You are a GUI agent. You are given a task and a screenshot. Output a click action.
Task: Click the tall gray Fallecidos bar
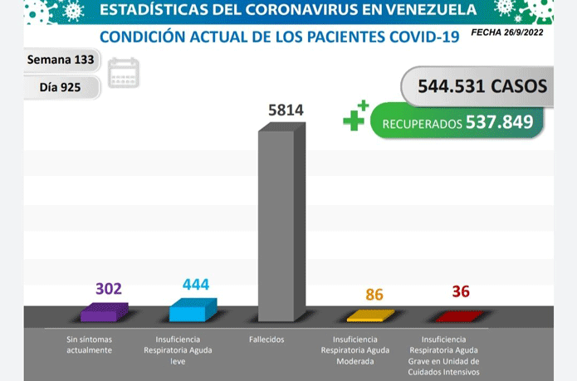[281, 222]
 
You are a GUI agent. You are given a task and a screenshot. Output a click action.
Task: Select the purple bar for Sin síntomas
[105, 312]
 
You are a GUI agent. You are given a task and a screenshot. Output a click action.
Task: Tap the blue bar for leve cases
[193, 310]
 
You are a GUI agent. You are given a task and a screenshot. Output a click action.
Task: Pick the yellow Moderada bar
[370, 315]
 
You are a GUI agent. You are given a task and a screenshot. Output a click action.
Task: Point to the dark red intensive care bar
[459, 316]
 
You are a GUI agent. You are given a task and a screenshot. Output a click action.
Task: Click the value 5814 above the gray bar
[286, 110]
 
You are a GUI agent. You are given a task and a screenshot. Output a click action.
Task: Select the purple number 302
[109, 289]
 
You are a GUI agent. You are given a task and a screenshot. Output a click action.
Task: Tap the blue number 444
[196, 284]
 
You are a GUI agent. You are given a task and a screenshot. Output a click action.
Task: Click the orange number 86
[374, 295]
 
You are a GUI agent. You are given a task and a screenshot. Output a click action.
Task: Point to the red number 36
[461, 291]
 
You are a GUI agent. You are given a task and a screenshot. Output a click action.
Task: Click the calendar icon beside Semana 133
[124, 73]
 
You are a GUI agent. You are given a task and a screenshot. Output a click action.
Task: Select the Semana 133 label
[61, 60]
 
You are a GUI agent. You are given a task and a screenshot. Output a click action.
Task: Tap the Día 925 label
[60, 87]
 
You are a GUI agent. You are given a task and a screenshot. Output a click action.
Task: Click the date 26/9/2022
[524, 32]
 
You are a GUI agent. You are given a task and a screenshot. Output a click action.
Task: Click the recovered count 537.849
[499, 122]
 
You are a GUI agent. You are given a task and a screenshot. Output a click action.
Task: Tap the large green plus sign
[354, 120]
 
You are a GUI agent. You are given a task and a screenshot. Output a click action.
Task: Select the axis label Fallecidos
[266, 339]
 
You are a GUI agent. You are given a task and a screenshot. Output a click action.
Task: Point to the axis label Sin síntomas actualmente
[90, 344]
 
